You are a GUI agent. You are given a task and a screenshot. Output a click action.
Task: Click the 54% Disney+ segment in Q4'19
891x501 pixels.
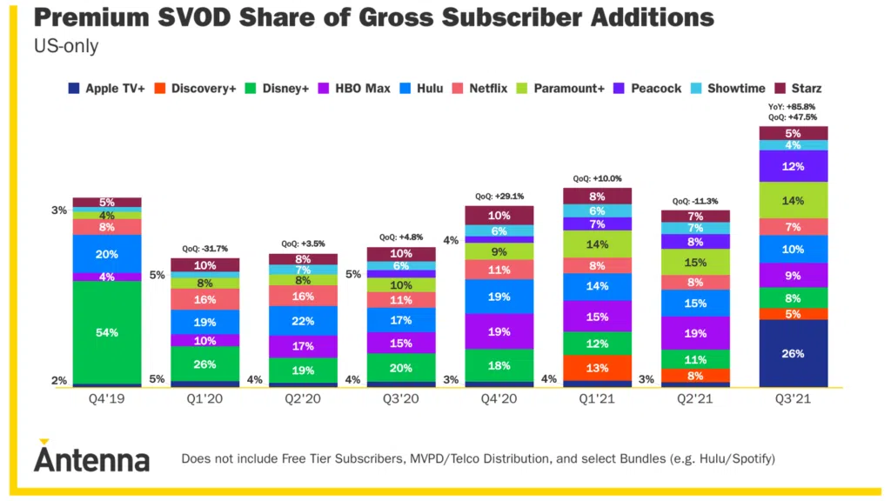107,332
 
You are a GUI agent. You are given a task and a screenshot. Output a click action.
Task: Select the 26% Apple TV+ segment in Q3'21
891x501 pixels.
793,353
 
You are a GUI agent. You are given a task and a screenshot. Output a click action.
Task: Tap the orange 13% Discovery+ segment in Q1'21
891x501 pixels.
597,368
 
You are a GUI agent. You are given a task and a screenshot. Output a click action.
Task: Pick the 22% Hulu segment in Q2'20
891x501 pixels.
303,321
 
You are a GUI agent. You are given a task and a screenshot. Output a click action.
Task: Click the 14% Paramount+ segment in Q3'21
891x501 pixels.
793,200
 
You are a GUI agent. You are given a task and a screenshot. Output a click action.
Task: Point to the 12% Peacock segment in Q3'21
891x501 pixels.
793,166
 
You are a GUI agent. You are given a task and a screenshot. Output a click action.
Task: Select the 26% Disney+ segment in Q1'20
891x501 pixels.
204,364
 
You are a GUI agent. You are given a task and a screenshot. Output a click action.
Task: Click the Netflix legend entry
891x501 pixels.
486,89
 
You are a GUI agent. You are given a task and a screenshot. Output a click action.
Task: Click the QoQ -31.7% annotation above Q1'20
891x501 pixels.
204,248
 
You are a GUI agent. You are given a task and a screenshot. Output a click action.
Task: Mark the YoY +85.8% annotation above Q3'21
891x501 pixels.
793,107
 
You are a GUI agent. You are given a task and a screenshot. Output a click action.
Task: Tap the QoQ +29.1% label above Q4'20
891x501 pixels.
499,197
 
